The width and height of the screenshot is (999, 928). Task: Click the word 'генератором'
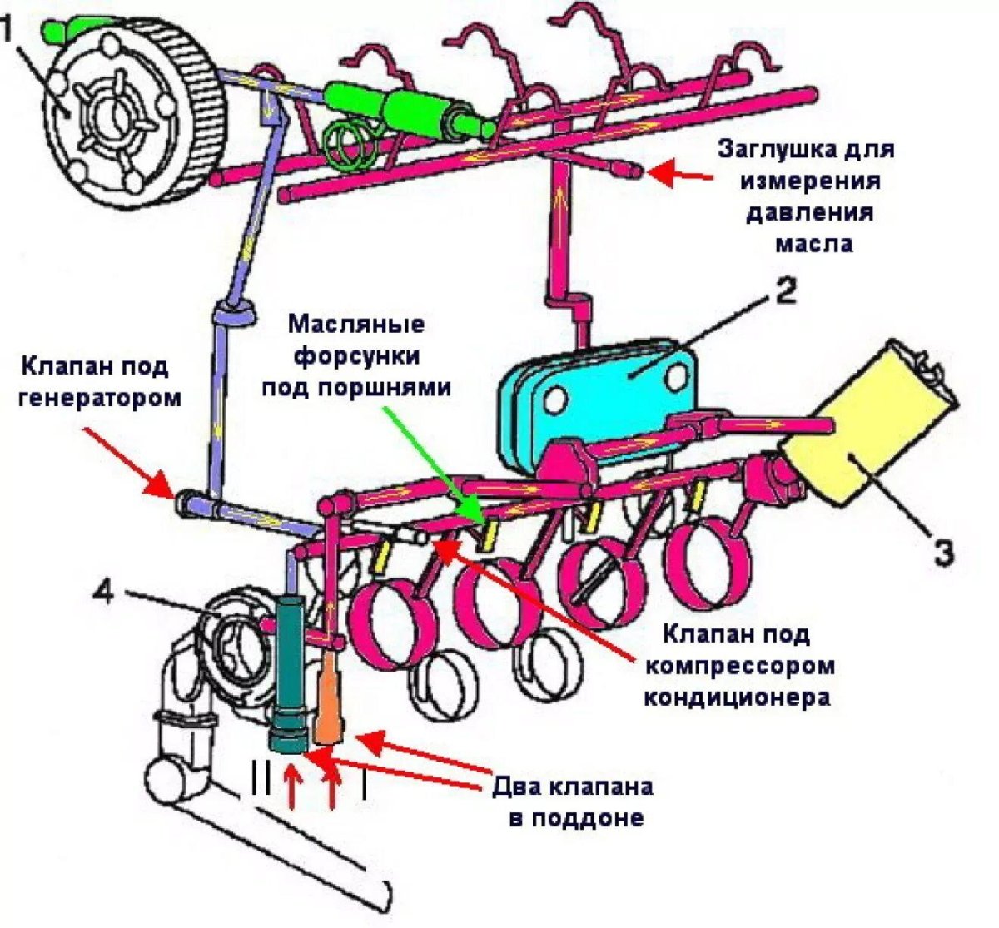click(98, 397)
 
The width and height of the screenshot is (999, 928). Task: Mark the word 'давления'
click(809, 211)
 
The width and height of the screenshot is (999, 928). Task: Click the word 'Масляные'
click(356, 323)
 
